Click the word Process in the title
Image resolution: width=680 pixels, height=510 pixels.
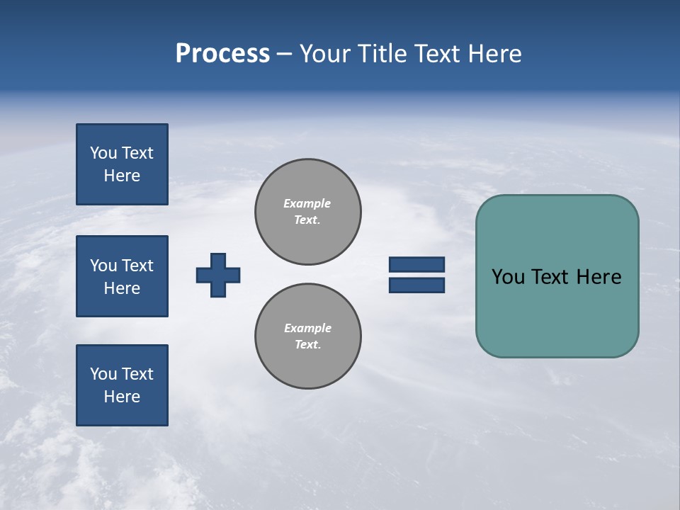tap(222, 54)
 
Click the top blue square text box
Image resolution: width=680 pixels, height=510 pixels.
tap(122, 164)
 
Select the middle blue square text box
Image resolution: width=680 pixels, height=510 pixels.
tap(122, 276)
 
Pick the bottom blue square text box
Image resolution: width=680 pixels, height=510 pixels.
tap(122, 385)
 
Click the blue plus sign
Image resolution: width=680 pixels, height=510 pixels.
tap(218, 275)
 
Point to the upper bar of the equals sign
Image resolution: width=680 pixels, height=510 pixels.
tap(416, 264)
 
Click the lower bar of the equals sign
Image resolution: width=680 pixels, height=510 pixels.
tap(416, 285)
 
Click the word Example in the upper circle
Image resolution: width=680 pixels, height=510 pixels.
tap(307, 203)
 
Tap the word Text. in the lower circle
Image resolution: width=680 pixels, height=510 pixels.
tap(308, 344)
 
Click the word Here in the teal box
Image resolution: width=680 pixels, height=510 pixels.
tap(599, 277)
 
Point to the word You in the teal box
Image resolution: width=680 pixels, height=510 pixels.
tap(508, 277)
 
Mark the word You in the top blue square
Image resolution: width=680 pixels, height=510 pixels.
tap(103, 153)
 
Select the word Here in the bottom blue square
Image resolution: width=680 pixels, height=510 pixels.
tap(122, 397)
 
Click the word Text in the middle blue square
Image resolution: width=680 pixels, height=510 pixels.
tap(137, 266)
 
